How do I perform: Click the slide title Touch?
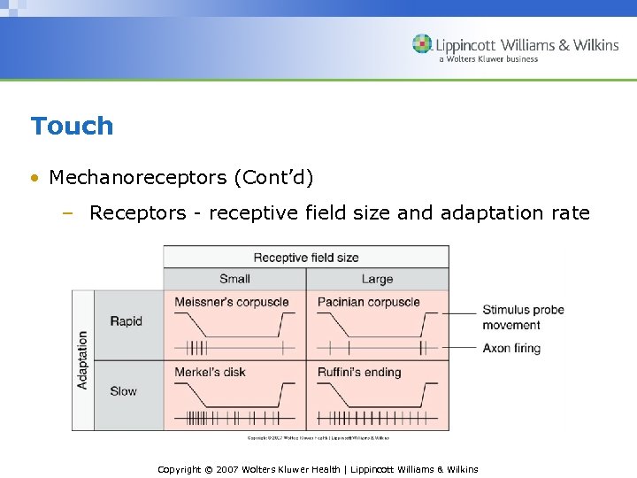coord(72,126)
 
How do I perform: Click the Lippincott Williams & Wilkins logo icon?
coord(423,43)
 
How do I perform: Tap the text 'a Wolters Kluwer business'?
coord(488,59)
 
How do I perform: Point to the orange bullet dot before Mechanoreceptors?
coord(34,178)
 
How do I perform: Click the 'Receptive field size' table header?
coord(306,258)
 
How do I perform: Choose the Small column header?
coord(234,279)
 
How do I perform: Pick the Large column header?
coord(377,279)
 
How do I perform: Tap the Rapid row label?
coord(126,321)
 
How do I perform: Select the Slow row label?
coord(124,390)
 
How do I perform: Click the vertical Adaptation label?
coord(83,360)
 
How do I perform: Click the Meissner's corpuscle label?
coord(232,302)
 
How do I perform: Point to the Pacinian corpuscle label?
coord(369,302)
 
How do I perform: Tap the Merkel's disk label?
coord(211,372)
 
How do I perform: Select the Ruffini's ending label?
coord(359,372)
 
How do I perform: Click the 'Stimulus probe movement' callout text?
coord(523,317)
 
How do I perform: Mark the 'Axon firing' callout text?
coord(511,348)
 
